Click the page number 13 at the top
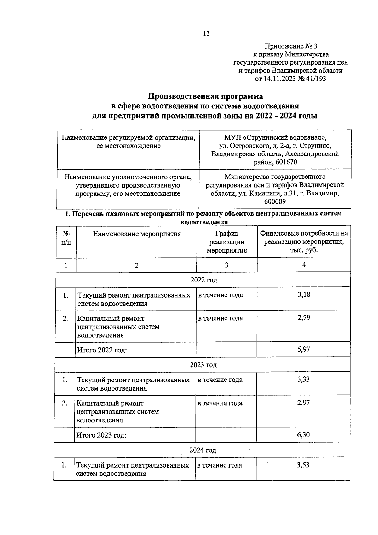click(206, 34)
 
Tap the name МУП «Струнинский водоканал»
click(275, 138)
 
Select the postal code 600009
click(275, 201)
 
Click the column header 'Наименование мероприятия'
click(137, 234)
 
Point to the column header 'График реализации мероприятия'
click(227, 242)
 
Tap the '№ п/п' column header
click(66, 238)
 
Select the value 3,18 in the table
click(304, 295)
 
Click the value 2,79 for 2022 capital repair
click(304, 318)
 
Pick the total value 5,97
click(304, 349)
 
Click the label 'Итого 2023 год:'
click(101, 435)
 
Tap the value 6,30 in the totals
click(303, 435)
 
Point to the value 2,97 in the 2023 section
click(303, 403)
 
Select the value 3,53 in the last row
click(303, 465)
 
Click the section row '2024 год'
click(203, 450)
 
